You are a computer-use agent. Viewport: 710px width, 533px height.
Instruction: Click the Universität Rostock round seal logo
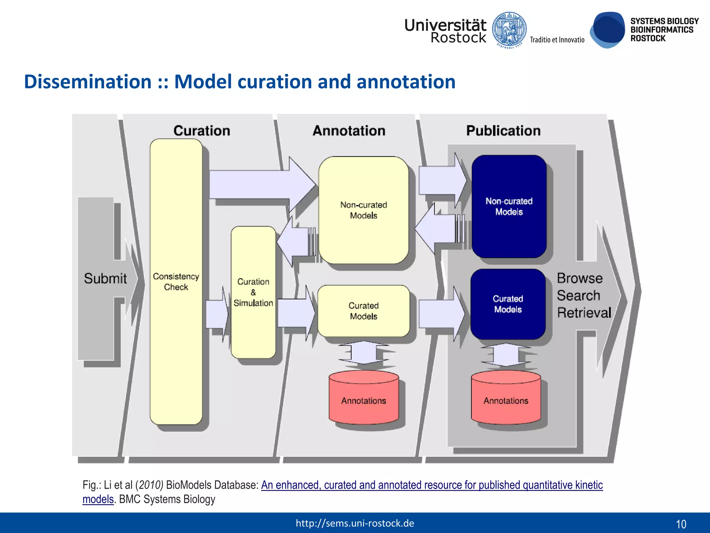[509, 30]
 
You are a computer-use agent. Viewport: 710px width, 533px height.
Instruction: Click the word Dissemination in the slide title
[88, 82]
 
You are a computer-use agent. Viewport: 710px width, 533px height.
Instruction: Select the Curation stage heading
[201, 131]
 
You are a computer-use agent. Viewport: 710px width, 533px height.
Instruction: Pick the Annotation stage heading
[349, 131]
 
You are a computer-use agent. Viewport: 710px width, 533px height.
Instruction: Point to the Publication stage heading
[503, 131]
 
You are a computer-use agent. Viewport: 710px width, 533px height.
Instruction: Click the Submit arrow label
[105, 278]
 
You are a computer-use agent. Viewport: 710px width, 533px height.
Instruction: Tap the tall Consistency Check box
[176, 281]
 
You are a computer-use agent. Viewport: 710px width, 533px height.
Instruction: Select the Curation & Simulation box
[253, 292]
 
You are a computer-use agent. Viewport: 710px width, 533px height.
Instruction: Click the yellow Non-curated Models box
[363, 210]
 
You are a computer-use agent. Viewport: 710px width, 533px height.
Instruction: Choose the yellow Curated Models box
[363, 311]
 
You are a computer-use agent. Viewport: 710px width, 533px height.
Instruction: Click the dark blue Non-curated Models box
[509, 206]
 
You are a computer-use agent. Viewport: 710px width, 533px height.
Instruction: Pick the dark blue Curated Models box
[508, 304]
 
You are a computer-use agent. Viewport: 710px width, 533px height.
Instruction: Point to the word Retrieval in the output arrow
[584, 313]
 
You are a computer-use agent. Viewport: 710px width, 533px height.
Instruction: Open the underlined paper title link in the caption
[432, 485]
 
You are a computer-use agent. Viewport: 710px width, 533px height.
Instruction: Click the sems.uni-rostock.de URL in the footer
[355, 523]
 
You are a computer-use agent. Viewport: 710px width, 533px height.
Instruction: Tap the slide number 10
[681, 524]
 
